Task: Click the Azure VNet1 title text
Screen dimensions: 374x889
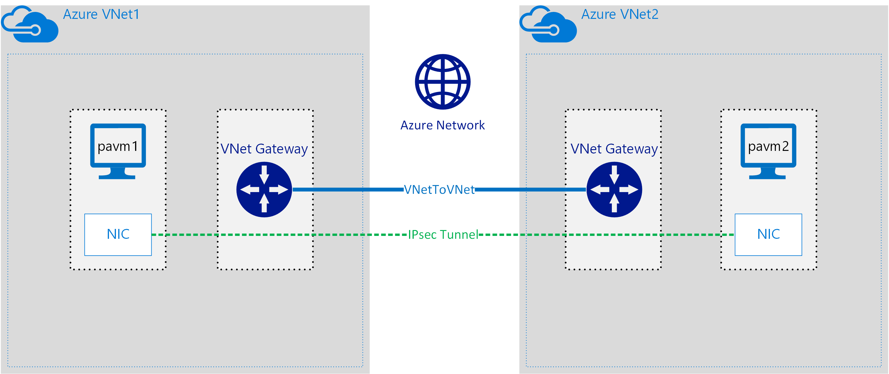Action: coord(101,15)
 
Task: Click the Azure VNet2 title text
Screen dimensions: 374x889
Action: coord(619,15)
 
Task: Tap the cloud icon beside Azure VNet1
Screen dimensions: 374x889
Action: coord(30,25)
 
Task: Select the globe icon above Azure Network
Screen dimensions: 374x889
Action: coord(442,82)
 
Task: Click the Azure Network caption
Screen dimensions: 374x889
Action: coord(442,125)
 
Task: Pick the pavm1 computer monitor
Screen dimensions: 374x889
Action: coord(118,151)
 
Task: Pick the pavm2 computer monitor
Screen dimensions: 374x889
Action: coord(768,151)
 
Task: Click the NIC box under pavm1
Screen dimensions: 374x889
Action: coord(118,234)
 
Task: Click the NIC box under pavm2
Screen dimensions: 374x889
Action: coord(768,234)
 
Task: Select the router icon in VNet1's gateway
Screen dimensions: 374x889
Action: coord(264,189)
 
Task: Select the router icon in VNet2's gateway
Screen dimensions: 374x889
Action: coord(614,189)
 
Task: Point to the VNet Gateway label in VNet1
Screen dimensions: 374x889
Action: coord(264,149)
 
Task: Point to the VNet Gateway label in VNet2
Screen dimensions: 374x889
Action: coord(614,149)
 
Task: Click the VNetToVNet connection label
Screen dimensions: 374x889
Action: coord(439,189)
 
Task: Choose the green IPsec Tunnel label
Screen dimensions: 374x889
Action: coord(443,235)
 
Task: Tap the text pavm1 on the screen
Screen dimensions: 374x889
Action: coord(118,146)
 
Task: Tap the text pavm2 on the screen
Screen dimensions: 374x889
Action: coord(768,146)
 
